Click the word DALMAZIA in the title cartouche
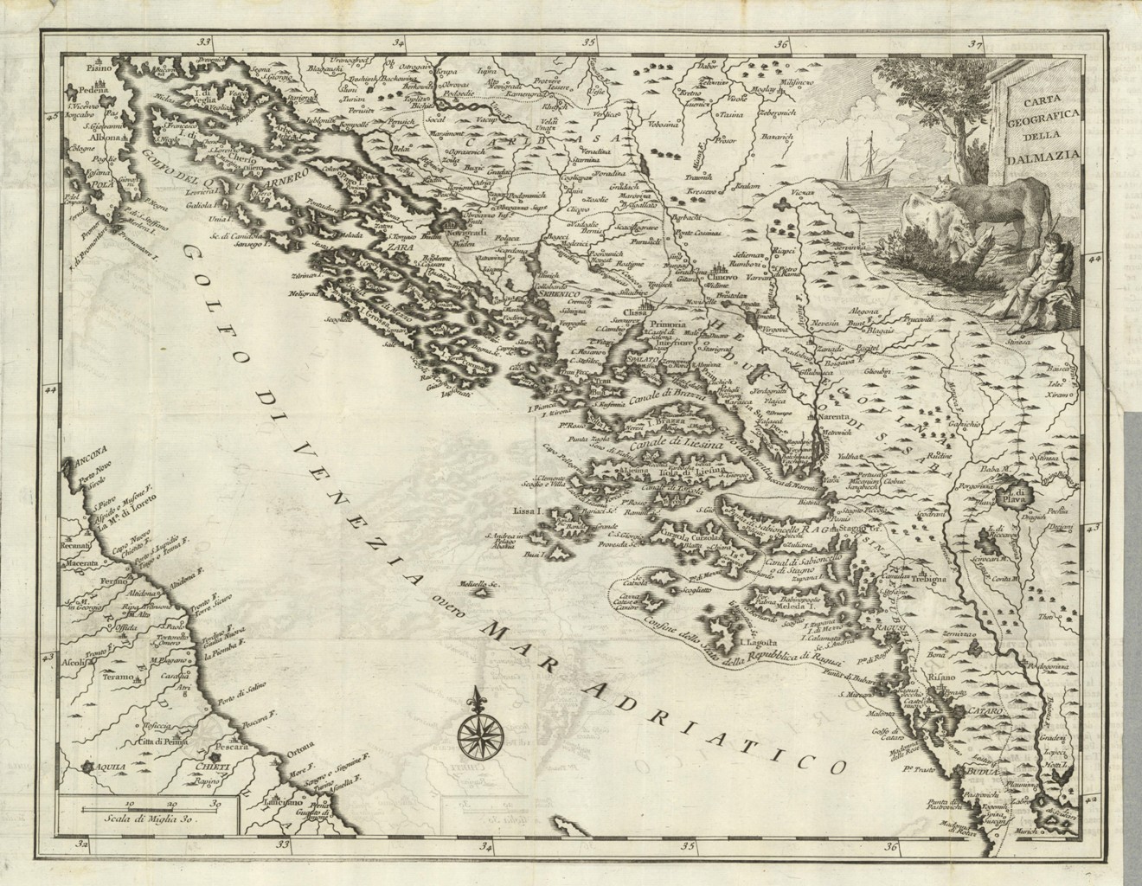1048,157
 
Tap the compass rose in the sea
474,731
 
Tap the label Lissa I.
528,511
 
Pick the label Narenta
807,416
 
